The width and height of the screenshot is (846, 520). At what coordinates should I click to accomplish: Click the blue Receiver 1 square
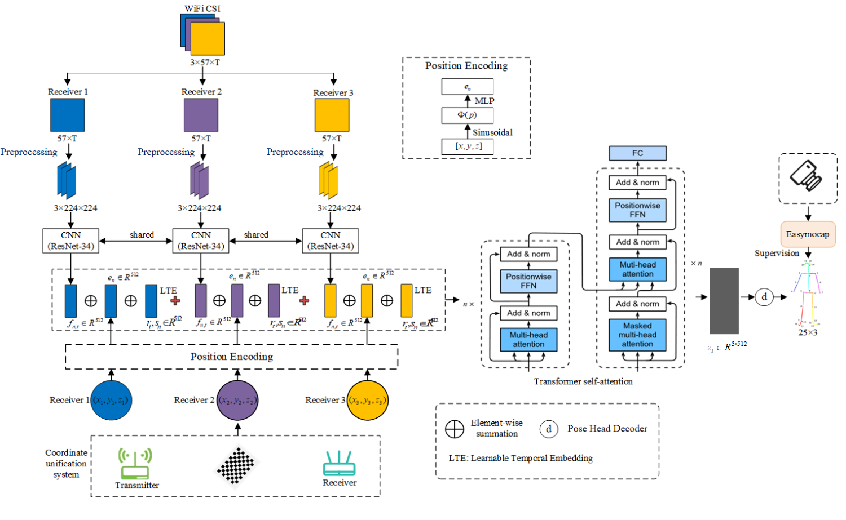pyautogui.click(x=67, y=115)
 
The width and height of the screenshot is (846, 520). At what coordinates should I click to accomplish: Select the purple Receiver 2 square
pyautogui.click(x=201, y=115)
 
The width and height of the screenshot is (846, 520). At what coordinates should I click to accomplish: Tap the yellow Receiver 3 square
pyautogui.click(x=332, y=115)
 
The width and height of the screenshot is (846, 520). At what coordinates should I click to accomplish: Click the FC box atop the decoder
pyautogui.click(x=637, y=153)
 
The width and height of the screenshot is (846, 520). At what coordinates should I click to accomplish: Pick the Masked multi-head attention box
pyautogui.click(x=637, y=335)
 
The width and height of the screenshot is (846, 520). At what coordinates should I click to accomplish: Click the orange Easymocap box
pyautogui.click(x=807, y=234)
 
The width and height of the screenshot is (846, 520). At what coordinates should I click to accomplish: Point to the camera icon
pyautogui.click(x=807, y=176)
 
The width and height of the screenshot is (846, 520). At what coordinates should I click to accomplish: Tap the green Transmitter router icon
pyautogui.click(x=135, y=464)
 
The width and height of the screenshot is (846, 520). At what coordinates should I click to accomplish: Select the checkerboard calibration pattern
pyautogui.click(x=236, y=465)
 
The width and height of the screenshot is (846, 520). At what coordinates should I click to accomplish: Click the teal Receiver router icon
pyautogui.click(x=339, y=464)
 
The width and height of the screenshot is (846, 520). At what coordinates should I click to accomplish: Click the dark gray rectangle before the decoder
pyautogui.click(x=724, y=300)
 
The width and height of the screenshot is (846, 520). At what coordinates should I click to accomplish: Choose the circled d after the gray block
pyautogui.click(x=764, y=297)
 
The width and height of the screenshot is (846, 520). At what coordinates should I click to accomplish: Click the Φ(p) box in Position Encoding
pyautogui.click(x=467, y=115)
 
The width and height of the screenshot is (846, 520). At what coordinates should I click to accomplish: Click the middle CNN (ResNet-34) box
pyautogui.click(x=201, y=241)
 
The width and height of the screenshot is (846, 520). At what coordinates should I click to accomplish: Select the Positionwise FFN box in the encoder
pyautogui.click(x=528, y=281)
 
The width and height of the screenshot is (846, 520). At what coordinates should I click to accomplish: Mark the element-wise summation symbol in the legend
pyautogui.click(x=454, y=429)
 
